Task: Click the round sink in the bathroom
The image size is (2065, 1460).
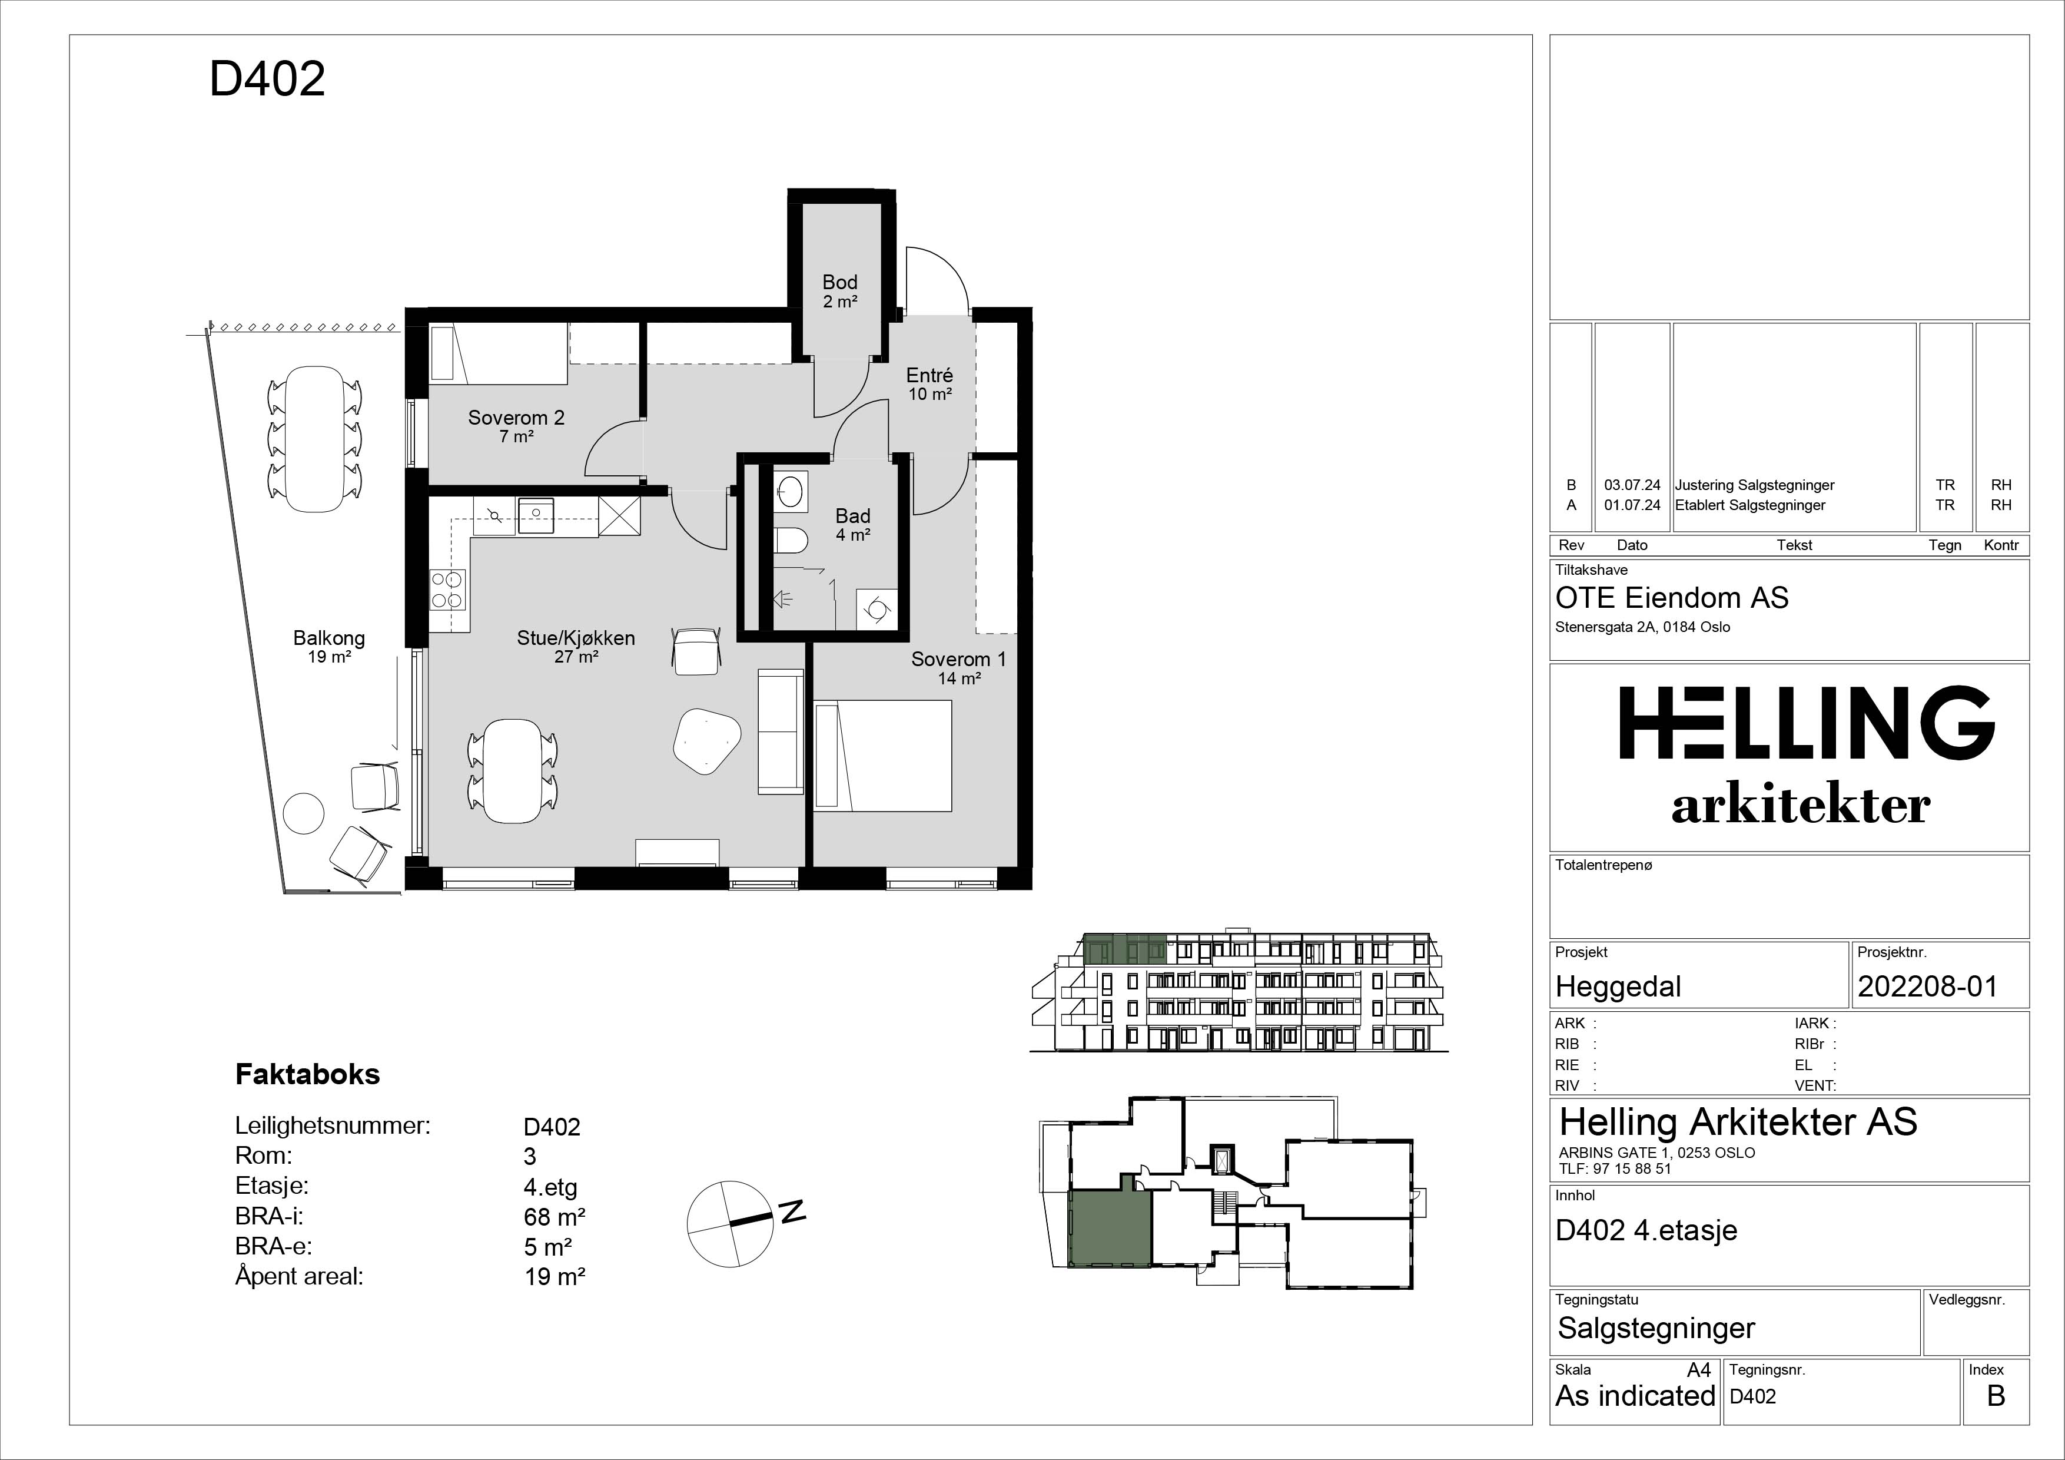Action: coord(791,491)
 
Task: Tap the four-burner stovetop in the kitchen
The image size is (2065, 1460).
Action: coord(447,590)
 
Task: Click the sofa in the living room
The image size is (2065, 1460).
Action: coord(781,731)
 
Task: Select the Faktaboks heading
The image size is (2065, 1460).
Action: coord(308,1074)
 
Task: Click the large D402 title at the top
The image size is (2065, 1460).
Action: coord(267,79)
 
